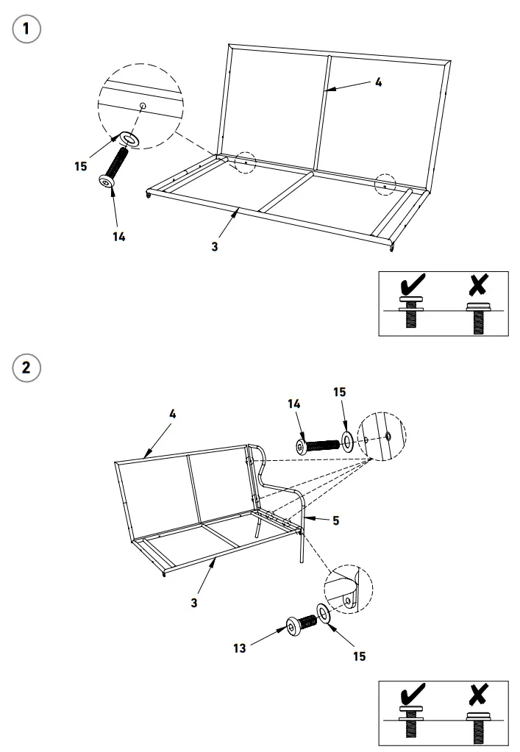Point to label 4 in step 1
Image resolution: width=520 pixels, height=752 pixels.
tap(378, 82)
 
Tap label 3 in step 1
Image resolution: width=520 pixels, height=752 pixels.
tap(214, 247)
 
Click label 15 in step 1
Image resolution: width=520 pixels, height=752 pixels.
tap(80, 166)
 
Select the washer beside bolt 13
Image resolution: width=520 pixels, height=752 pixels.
tap(324, 612)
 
